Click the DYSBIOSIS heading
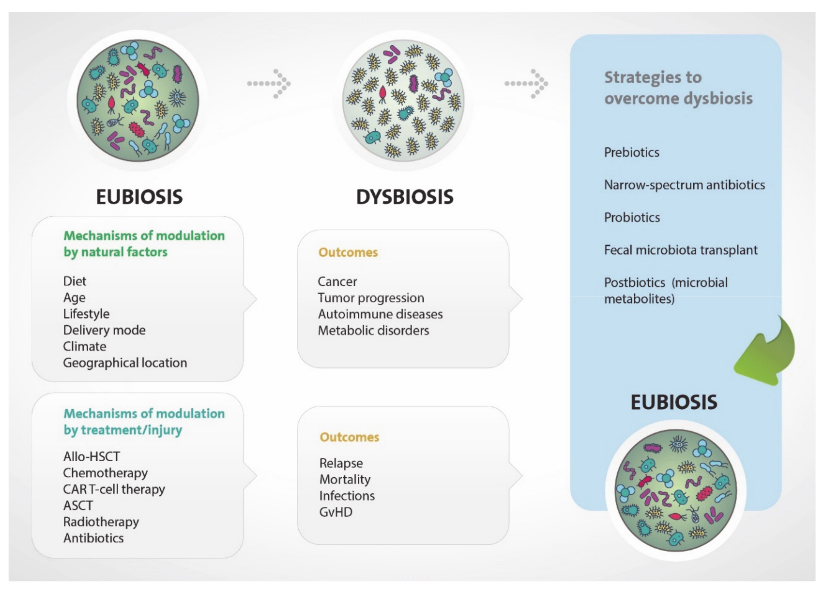405,197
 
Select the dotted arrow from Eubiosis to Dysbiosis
269,84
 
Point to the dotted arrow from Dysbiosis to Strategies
526,84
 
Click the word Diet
75,281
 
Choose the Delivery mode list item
104,330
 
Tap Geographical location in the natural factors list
125,363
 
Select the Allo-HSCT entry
91,456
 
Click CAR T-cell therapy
114,489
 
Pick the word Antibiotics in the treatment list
93,538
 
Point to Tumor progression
371,298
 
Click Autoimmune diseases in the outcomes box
380,314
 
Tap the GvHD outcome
336,512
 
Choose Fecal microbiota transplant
680,250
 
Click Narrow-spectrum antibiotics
684,185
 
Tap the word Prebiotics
632,153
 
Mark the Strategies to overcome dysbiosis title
678,88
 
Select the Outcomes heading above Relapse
349,437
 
